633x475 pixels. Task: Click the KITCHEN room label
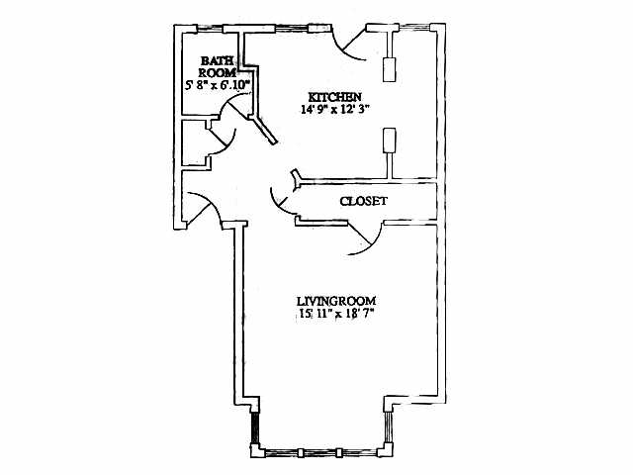click(x=329, y=96)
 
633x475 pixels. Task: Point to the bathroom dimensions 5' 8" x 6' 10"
click(x=217, y=86)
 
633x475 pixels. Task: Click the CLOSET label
click(x=363, y=201)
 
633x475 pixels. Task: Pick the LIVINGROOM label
click(x=336, y=300)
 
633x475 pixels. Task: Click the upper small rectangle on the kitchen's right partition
click(x=390, y=67)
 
